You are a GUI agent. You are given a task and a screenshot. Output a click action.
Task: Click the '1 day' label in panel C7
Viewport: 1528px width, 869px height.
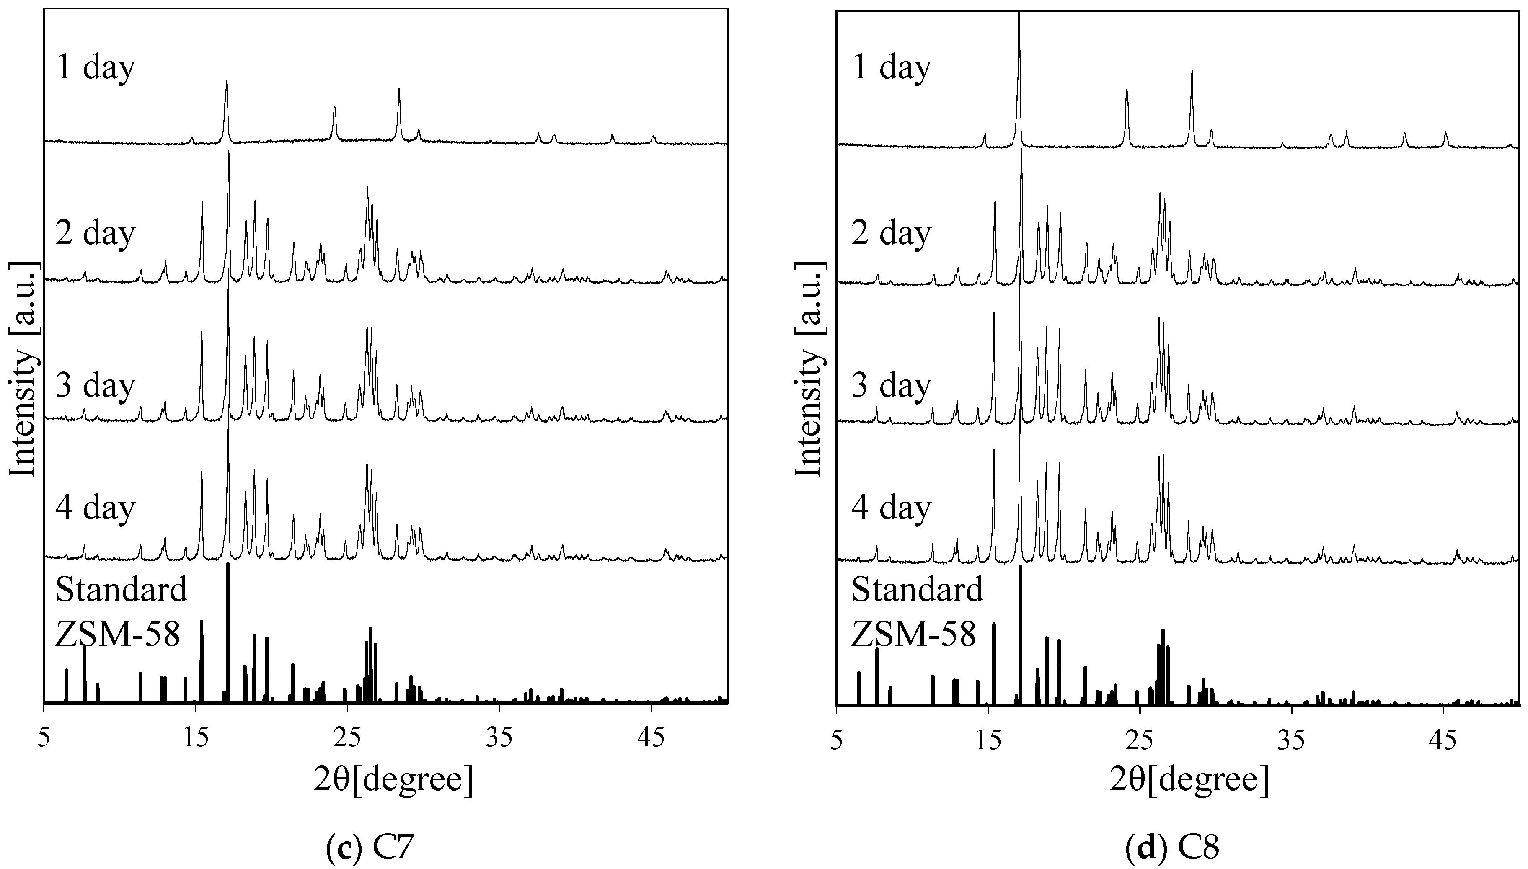point(96,68)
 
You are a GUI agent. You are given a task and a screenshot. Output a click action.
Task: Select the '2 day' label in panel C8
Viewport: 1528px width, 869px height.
point(891,233)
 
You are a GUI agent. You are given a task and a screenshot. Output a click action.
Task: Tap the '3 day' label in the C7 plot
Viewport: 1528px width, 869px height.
point(96,386)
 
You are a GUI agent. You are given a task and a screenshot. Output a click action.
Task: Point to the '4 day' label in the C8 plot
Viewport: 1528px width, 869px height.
point(891,508)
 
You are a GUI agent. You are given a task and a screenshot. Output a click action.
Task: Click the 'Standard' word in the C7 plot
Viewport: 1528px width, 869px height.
point(121,590)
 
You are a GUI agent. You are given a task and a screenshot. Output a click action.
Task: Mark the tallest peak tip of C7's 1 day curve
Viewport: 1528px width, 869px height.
point(226,83)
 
